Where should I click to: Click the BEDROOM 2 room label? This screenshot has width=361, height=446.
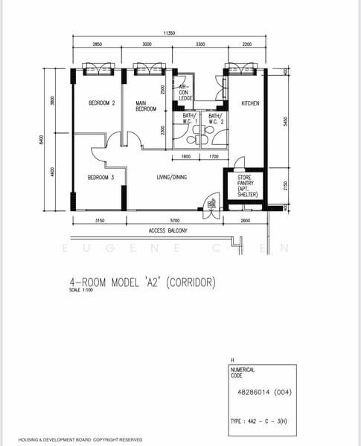(101, 103)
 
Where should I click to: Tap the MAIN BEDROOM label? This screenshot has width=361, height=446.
(145, 106)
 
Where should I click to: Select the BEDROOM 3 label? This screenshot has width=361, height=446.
(100, 177)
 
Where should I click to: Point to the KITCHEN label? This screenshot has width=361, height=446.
(249, 103)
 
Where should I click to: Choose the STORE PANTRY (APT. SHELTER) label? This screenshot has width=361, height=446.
(247, 186)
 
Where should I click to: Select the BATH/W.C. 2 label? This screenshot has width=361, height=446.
(216, 119)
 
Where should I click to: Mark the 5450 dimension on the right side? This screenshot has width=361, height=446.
(286, 120)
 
